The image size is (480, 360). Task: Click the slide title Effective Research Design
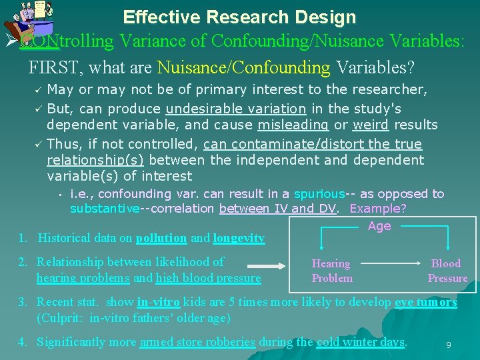click(x=239, y=17)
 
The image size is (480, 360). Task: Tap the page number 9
click(x=448, y=345)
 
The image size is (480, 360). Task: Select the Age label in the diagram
click(x=379, y=226)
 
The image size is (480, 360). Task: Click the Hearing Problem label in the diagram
click(x=331, y=271)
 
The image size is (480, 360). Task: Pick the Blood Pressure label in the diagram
click(x=447, y=271)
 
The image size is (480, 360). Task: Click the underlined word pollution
click(x=161, y=238)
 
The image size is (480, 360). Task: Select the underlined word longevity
click(x=239, y=238)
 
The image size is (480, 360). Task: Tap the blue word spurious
click(x=319, y=194)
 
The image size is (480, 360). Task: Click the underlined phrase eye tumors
click(x=426, y=302)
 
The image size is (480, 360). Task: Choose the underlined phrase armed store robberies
click(x=197, y=342)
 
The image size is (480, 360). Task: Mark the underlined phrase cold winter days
click(x=360, y=342)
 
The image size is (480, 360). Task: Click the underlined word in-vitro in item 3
click(x=157, y=302)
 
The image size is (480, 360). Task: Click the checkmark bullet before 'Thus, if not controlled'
click(x=37, y=145)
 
